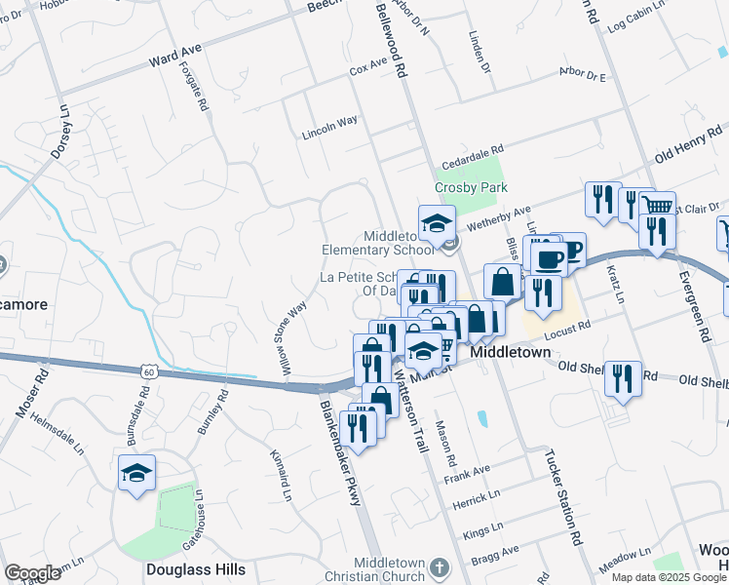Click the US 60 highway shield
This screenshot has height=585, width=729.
147,371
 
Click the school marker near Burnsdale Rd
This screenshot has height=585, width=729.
136,474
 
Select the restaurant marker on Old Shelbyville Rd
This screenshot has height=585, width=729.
623,378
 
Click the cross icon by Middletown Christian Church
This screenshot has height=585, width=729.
440,567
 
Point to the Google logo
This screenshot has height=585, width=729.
32,573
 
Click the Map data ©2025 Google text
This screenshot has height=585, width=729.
669,577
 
